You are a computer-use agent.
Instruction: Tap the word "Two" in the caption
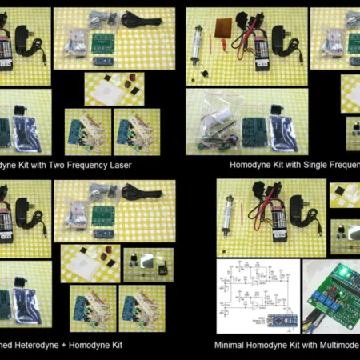(49, 165)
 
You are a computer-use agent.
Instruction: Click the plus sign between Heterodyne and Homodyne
(70, 346)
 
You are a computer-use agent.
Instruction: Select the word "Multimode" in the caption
(340, 346)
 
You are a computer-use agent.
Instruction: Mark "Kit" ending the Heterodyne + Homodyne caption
(121, 346)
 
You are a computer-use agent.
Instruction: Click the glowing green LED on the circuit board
(340, 270)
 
